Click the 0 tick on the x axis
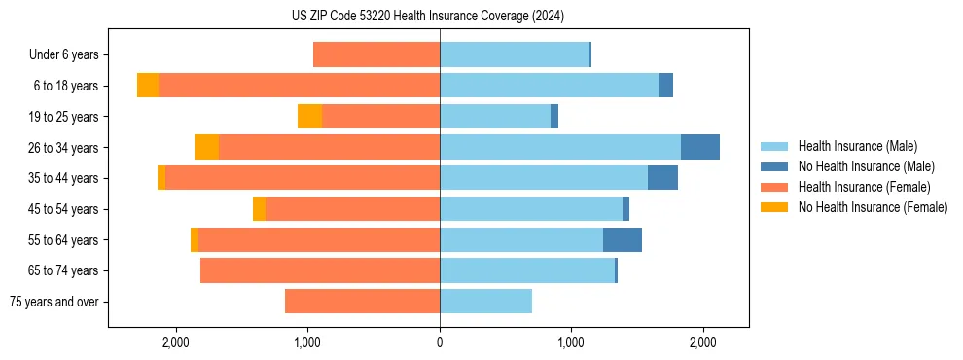tap(440, 342)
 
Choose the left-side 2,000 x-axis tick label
tap(176, 342)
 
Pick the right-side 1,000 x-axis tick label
tap(571, 342)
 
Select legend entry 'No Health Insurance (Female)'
tap(873, 207)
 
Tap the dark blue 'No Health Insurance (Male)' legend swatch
tap(774, 166)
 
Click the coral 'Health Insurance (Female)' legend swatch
tap(774, 187)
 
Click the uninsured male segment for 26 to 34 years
tap(700, 147)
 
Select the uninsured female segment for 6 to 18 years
tap(148, 86)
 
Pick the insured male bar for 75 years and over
tap(485, 302)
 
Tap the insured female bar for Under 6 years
tap(376, 55)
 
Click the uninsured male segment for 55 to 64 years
tap(623, 239)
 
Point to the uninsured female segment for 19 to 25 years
tap(309, 117)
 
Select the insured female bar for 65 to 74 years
tap(320, 270)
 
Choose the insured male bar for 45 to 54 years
tap(531, 209)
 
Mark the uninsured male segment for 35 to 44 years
tap(662, 178)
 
